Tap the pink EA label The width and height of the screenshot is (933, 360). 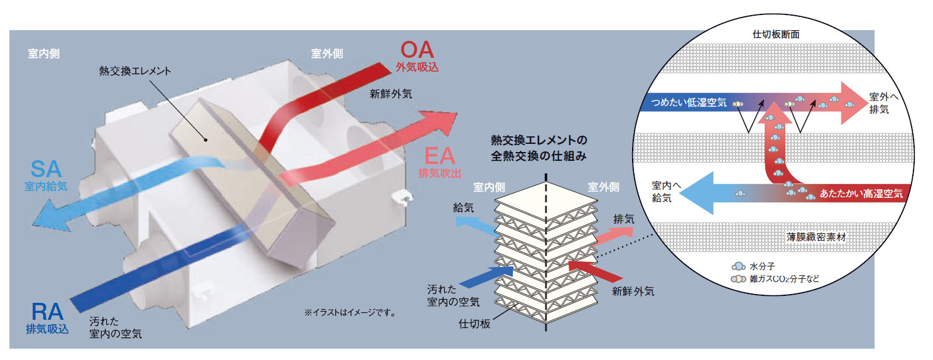coord(439,155)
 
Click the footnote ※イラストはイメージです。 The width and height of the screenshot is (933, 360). coord(349,312)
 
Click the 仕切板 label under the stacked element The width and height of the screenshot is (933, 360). coord(475,324)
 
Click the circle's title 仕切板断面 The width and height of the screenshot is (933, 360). coord(775,35)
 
